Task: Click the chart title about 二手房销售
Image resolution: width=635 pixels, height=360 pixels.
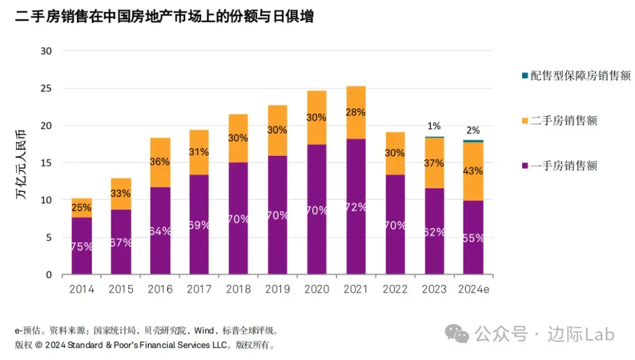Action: tap(165, 17)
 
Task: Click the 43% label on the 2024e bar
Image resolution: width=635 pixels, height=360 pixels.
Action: tap(473, 171)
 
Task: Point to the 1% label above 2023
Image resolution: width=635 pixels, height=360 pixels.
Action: tap(434, 126)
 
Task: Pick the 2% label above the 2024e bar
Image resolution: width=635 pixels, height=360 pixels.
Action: tap(473, 130)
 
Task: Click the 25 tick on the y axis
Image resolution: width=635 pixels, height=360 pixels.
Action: tap(46, 88)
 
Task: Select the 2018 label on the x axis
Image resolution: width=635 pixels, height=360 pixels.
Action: tap(238, 289)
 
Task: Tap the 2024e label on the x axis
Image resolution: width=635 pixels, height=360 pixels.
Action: tap(473, 289)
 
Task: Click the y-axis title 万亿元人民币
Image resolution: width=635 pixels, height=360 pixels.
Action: tap(22, 163)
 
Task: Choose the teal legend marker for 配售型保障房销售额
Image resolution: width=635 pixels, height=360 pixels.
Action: tap(524, 76)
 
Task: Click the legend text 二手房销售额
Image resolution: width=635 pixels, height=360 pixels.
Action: tap(564, 121)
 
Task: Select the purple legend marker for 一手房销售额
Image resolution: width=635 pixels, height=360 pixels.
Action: tap(524, 166)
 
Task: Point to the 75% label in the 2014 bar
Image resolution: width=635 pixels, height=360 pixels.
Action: tap(81, 246)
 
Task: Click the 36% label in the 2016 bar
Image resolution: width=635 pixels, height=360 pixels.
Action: tap(160, 161)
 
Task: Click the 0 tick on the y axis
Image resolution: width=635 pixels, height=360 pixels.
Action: tap(49, 275)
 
